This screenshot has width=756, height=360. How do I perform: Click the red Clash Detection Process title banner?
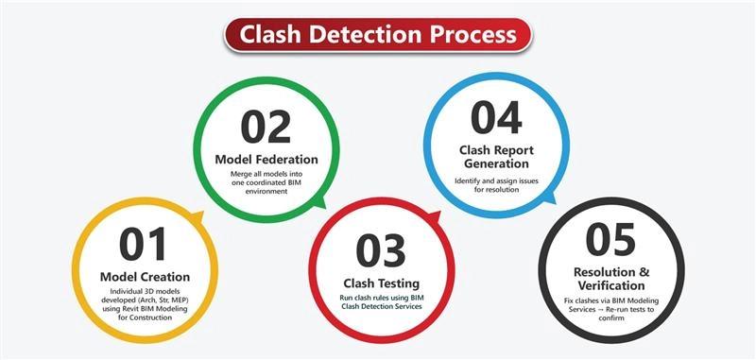[x=378, y=35]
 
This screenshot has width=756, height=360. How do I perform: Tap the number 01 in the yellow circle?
[x=145, y=245]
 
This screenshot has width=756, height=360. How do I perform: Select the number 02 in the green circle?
[x=266, y=128]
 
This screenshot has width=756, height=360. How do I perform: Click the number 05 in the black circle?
[x=611, y=240]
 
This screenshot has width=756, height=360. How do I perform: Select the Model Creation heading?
[x=145, y=277]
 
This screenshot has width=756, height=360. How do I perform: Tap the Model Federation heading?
[x=266, y=159]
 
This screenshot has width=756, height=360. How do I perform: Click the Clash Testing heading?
[x=381, y=283]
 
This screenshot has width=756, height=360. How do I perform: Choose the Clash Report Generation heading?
[x=495, y=157]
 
